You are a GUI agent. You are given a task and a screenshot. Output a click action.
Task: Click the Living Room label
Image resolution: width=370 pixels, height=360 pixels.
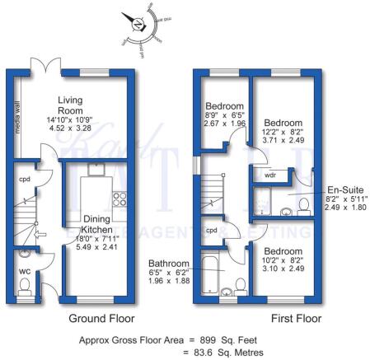click(70, 106)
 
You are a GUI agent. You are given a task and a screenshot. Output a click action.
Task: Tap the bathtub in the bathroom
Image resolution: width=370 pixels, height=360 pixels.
click(209, 274)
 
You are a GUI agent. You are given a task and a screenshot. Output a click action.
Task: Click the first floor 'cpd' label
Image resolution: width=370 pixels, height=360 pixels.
click(212, 230)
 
